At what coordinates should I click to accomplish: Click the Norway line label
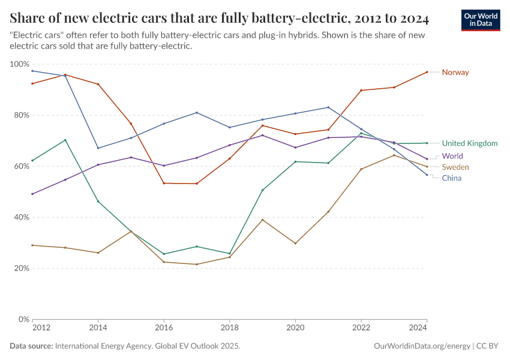pos(455,73)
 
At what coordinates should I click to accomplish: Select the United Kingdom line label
pos(469,143)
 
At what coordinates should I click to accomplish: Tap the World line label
pos(452,156)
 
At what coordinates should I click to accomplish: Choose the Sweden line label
pos(455,167)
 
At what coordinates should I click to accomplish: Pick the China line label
pos(452,178)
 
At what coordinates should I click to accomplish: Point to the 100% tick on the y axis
pos(20,64)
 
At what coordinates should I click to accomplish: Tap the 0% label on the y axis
pos(22,319)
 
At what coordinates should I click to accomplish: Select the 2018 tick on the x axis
pos(229,328)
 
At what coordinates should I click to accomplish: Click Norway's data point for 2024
pos(427,72)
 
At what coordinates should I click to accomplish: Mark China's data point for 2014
pos(98,148)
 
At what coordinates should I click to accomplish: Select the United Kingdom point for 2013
pos(65,140)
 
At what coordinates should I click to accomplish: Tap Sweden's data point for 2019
pos(262,220)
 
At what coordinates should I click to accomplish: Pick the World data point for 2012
pos(32,194)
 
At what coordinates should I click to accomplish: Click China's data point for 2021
pos(328,107)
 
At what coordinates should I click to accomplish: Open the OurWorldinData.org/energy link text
pos(422,346)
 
